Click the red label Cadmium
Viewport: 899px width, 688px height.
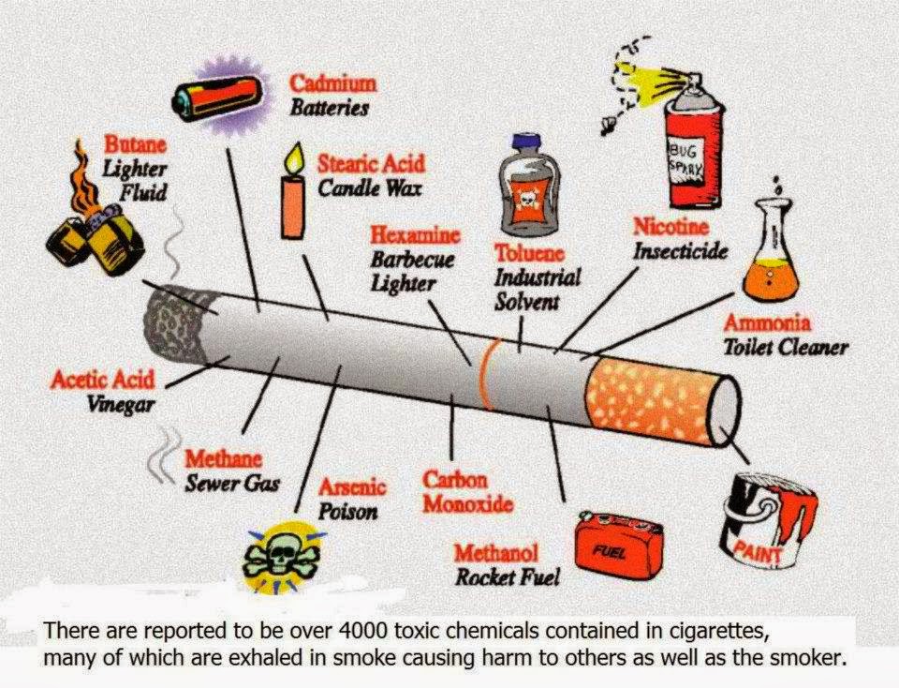click(x=332, y=83)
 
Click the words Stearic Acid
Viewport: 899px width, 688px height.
click(x=371, y=163)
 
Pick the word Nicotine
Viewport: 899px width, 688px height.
click(x=671, y=227)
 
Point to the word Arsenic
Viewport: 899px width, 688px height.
click(x=352, y=488)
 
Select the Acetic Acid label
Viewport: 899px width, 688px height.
click(x=102, y=381)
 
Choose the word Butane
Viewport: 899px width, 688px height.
click(x=135, y=146)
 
